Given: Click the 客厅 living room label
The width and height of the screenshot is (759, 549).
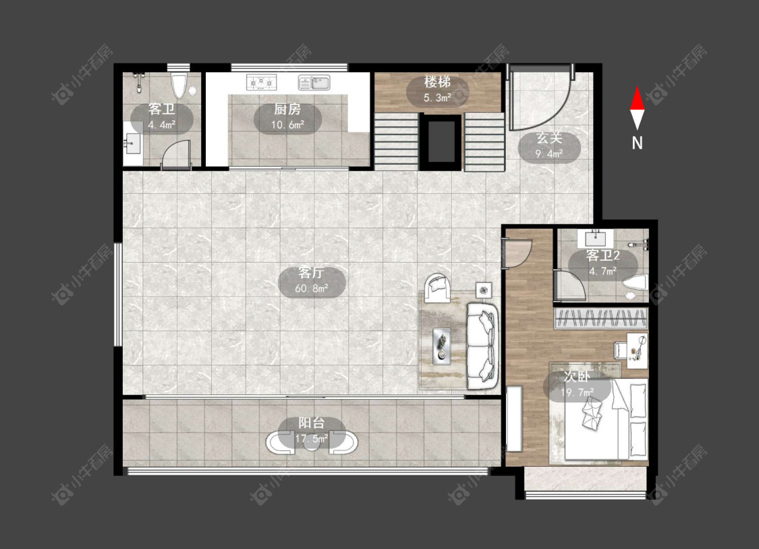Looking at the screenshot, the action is (311, 273).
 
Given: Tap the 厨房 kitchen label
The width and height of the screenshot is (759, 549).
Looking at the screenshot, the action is (287, 109).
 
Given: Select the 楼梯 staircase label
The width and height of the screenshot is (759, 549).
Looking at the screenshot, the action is (437, 82).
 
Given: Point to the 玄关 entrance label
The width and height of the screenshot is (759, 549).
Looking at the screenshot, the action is (549, 138).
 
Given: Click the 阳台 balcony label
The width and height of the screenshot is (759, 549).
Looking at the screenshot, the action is (311, 423).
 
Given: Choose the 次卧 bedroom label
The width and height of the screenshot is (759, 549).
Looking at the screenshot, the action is (577, 377).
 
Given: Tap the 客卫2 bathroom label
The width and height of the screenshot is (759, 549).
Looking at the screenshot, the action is (602, 255).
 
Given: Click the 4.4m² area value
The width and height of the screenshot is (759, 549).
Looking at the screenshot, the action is (162, 124).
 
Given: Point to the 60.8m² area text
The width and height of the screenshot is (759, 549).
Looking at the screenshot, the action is (312, 289).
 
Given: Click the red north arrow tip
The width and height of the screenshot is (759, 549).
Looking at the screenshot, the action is (637, 87).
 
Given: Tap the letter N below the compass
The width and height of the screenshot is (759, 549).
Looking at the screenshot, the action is (637, 143).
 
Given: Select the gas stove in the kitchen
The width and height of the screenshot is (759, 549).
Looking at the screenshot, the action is (261, 82).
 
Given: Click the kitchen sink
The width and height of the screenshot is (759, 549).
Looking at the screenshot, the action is (314, 82).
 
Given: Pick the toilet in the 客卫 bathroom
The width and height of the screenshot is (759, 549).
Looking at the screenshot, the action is (179, 86).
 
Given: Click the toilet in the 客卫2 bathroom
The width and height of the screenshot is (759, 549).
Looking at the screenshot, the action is (636, 284).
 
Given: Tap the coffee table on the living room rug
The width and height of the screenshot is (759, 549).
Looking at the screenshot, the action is (441, 346).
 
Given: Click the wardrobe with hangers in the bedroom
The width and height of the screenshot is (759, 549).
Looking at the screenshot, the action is (600, 318).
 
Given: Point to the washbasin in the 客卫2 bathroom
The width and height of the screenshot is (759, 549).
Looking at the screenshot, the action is (595, 238).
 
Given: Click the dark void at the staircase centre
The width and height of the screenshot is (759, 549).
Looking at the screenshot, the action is (441, 141).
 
